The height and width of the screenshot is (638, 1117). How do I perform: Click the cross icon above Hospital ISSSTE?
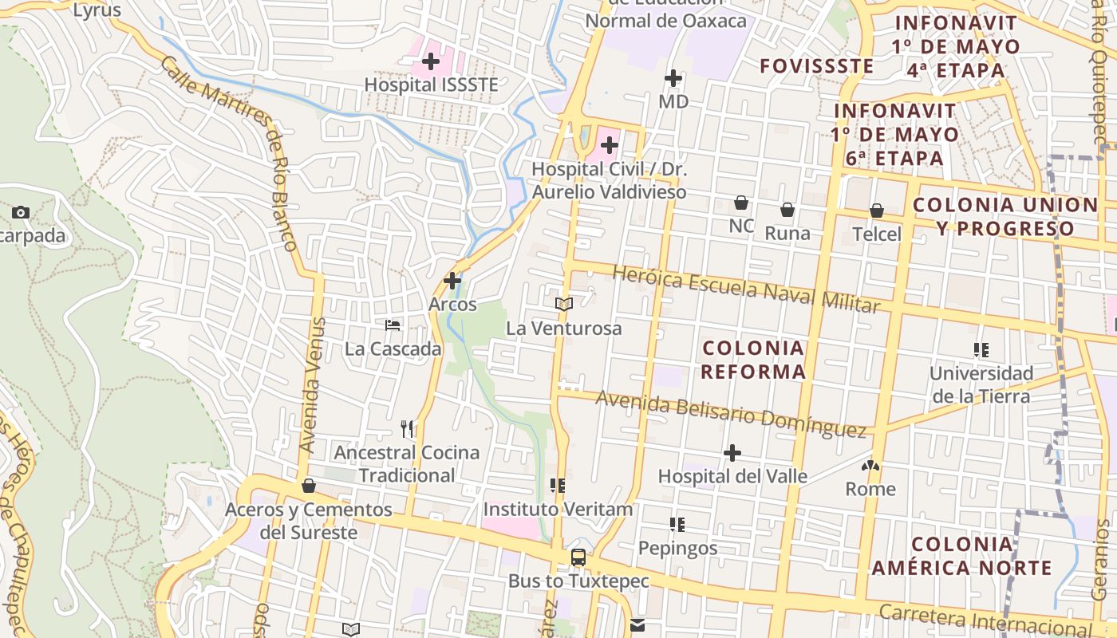click(431, 61)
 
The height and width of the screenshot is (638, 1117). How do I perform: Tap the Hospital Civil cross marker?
click(610, 145)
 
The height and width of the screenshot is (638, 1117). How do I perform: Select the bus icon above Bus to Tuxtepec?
click(578, 557)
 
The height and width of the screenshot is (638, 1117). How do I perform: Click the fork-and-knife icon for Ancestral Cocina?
click(408, 429)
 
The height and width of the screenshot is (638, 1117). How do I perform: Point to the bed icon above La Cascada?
click(393, 325)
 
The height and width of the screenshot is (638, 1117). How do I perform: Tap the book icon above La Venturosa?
click(564, 304)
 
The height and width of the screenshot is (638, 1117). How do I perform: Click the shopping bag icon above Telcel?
click(877, 211)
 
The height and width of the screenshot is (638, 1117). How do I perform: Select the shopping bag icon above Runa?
click(787, 210)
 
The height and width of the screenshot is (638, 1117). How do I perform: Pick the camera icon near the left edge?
click(21, 212)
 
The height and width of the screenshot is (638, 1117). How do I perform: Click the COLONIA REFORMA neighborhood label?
click(753, 360)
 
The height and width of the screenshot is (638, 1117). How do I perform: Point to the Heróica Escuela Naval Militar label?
click(746, 289)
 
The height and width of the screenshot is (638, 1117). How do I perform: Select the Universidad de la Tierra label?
click(981, 384)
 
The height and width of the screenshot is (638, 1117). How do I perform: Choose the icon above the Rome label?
click(870, 465)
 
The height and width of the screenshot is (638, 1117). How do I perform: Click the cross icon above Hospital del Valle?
click(732, 453)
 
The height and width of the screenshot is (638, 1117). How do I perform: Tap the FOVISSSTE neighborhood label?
click(816, 66)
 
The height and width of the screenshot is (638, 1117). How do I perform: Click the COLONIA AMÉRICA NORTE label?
click(961, 556)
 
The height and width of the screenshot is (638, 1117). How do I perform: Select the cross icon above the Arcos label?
click(452, 281)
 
